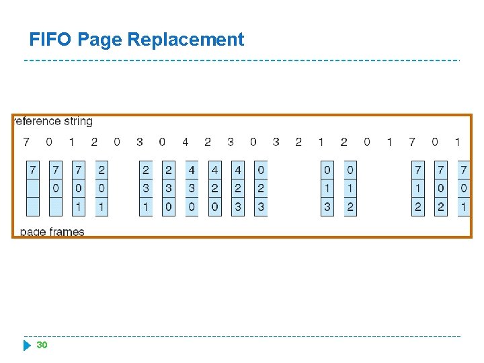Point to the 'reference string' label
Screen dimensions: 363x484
[x=53, y=122]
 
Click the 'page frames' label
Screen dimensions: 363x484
[x=52, y=232]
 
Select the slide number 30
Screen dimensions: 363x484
[x=42, y=345]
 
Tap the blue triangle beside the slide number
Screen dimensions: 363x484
[x=27, y=346]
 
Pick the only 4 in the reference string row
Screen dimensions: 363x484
[x=185, y=142]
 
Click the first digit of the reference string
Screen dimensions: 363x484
[x=26, y=142]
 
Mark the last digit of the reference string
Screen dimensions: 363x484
[x=458, y=142]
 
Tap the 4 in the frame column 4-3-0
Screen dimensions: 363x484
[x=192, y=169]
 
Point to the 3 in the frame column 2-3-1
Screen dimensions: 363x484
[x=146, y=188]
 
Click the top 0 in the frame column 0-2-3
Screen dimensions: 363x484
[x=261, y=169]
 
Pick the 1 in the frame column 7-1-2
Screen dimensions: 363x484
[x=418, y=188]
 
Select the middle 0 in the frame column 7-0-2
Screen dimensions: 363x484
[x=441, y=188]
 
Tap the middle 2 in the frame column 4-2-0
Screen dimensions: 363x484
[x=214, y=188]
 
